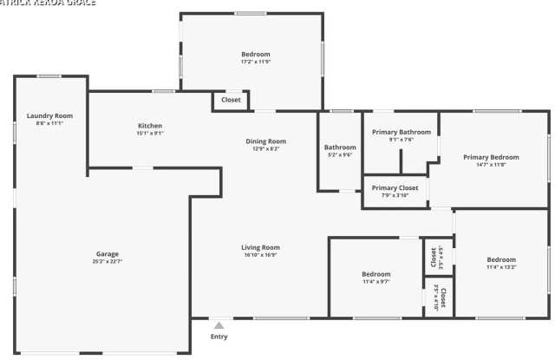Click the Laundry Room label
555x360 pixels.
pos(49,115)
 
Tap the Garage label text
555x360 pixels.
pos(108,253)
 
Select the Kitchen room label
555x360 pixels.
pos(150,126)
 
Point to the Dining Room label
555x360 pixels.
pos(265,141)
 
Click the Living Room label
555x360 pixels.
pos(260,247)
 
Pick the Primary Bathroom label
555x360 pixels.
pos(402,132)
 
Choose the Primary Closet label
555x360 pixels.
pos(395,187)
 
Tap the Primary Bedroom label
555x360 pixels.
pos(491,157)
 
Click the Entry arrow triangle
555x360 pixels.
pos(219,325)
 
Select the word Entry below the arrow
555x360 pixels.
pos(219,337)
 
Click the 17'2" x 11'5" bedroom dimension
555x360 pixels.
pos(255,62)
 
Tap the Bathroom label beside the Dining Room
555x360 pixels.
pos(340,147)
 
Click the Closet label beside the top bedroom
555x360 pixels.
pos(231,100)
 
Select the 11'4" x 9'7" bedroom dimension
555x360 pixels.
pos(375,281)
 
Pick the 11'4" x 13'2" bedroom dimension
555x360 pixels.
pos(501,267)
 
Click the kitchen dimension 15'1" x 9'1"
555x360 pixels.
pos(150,134)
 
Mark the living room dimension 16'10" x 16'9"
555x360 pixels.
pos(260,255)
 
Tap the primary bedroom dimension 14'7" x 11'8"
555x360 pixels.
pos(491,165)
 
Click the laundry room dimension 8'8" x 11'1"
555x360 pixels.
pos(49,123)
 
